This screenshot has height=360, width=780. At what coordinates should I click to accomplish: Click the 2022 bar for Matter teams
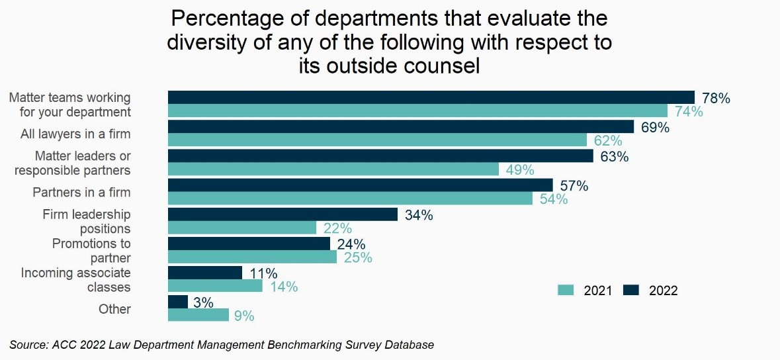[431, 97]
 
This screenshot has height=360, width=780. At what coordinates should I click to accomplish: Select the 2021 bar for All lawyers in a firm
[377, 140]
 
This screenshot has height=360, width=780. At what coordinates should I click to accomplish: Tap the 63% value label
[614, 157]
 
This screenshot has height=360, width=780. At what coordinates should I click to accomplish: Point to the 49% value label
[519, 170]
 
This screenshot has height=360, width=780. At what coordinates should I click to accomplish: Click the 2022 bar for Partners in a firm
[360, 185]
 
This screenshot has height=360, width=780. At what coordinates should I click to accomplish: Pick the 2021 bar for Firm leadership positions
[242, 228]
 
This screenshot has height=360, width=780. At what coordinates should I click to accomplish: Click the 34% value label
[418, 215]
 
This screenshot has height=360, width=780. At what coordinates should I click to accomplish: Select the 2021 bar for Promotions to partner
[252, 257]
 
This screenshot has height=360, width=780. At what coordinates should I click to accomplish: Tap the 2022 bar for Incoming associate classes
[205, 273]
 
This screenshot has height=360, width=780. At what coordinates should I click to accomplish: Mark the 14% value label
[283, 287]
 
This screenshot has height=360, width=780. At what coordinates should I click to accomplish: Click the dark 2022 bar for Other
[178, 302]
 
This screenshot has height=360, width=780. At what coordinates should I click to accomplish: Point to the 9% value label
[244, 316]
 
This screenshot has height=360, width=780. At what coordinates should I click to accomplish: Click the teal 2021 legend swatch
[566, 290]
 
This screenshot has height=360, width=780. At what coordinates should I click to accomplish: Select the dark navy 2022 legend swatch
[632, 290]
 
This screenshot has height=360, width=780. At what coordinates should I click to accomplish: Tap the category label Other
[114, 309]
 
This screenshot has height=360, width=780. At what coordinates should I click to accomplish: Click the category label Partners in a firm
[81, 193]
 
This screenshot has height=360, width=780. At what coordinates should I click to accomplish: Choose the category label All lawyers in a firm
[75, 134]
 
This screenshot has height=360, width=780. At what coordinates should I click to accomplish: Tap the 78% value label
[716, 99]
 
